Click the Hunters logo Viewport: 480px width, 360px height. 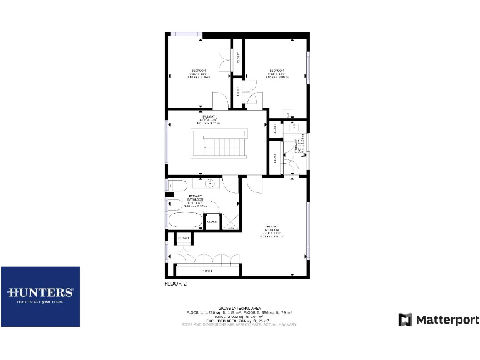click(x=41, y=292)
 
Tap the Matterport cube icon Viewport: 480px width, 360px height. click(x=406, y=320)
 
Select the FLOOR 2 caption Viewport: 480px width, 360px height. click(x=175, y=284)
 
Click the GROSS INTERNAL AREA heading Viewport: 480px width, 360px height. click(x=238, y=307)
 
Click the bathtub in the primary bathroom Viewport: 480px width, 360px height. click(x=186, y=221)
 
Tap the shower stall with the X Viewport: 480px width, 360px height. click(x=230, y=222)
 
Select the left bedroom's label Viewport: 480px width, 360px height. click(x=199, y=72)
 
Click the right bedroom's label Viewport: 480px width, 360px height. click(x=277, y=72)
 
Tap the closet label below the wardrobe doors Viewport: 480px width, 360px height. click(x=206, y=271)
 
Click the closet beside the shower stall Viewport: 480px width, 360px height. click(x=212, y=222)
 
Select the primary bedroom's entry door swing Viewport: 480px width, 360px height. click(x=254, y=184)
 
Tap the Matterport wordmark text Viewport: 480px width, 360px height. click(x=447, y=320)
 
